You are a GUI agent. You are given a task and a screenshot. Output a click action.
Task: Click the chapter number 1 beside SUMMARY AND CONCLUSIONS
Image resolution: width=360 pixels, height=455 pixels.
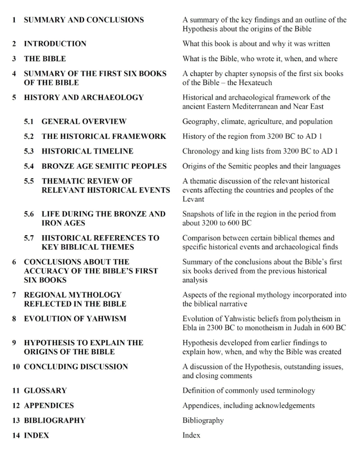14,20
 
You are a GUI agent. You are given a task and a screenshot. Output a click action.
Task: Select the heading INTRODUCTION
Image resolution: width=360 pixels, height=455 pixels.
55,44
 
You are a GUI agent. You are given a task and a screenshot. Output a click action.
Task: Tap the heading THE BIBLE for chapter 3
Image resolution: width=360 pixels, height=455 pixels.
45,58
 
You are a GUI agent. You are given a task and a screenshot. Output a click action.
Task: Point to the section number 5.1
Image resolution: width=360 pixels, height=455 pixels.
29,121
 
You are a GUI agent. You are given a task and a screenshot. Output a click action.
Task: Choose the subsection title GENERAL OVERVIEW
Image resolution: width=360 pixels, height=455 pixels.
84,121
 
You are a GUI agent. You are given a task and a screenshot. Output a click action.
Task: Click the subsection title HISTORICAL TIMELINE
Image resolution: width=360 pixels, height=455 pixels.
87,151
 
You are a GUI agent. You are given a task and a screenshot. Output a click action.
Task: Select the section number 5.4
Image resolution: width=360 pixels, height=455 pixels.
29,166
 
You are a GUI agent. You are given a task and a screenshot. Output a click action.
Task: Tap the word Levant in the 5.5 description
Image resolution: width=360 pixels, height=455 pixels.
193,199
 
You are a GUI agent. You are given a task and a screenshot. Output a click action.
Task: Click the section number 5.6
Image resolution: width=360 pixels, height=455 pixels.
29,214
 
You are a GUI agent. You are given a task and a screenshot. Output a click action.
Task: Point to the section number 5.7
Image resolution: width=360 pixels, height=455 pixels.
29,238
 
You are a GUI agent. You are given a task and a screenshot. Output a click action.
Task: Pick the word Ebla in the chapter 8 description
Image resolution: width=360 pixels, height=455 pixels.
191,328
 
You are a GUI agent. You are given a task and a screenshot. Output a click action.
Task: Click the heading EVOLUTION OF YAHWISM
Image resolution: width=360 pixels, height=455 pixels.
75,319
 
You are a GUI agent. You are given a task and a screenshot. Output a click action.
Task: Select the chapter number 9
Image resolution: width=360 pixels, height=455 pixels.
14,343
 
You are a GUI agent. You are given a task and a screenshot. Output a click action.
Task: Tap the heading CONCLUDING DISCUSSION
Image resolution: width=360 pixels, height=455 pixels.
76,366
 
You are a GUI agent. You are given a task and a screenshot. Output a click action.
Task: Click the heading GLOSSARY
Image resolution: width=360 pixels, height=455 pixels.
45,390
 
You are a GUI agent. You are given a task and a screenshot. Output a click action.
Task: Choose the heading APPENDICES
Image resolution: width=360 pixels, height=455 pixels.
49,405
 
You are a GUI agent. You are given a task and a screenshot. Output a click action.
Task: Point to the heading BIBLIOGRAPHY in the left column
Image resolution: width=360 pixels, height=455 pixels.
54,420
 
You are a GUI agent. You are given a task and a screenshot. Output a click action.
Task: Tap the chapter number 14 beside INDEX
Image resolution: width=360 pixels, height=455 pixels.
16,435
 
